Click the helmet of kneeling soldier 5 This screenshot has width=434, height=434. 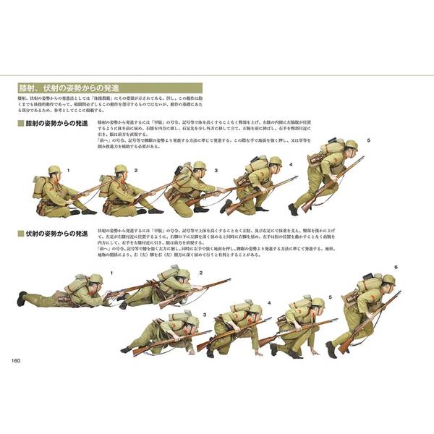tap(352, 145)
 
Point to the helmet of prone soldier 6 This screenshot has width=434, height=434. tap(388, 279)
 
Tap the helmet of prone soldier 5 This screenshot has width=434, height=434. tap(316, 302)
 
